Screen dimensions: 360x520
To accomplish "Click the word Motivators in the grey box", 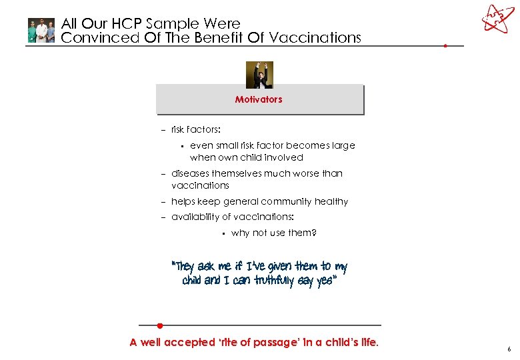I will (x=259, y=99).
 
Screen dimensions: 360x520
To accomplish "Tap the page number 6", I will (x=508, y=349).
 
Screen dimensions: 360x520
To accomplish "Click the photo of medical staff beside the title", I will (x=41, y=31).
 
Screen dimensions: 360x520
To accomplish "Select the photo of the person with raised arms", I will (x=259, y=75).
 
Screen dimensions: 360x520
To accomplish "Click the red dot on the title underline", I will (x=445, y=46).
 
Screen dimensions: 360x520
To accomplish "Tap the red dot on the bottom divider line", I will (x=160, y=325).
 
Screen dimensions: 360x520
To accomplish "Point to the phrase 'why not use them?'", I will (x=273, y=233).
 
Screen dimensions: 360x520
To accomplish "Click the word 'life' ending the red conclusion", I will (x=367, y=343).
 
